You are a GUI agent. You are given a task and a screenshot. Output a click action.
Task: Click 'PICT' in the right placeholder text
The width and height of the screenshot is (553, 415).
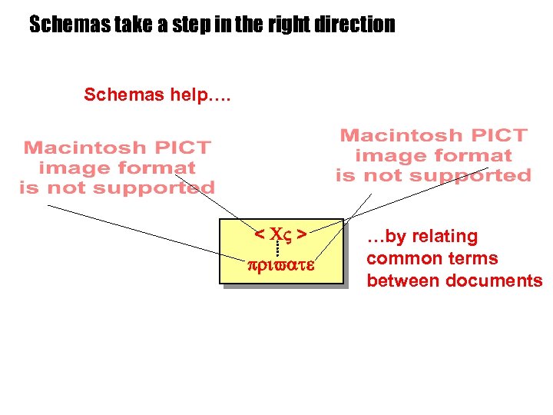click(498, 136)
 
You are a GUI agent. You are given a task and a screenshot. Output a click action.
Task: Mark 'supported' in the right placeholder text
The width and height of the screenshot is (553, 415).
click(472, 175)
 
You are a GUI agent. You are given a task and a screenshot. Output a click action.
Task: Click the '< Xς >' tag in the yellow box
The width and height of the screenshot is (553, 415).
click(281, 233)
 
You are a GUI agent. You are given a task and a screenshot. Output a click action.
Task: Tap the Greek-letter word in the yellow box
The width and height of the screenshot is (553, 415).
click(281, 266)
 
